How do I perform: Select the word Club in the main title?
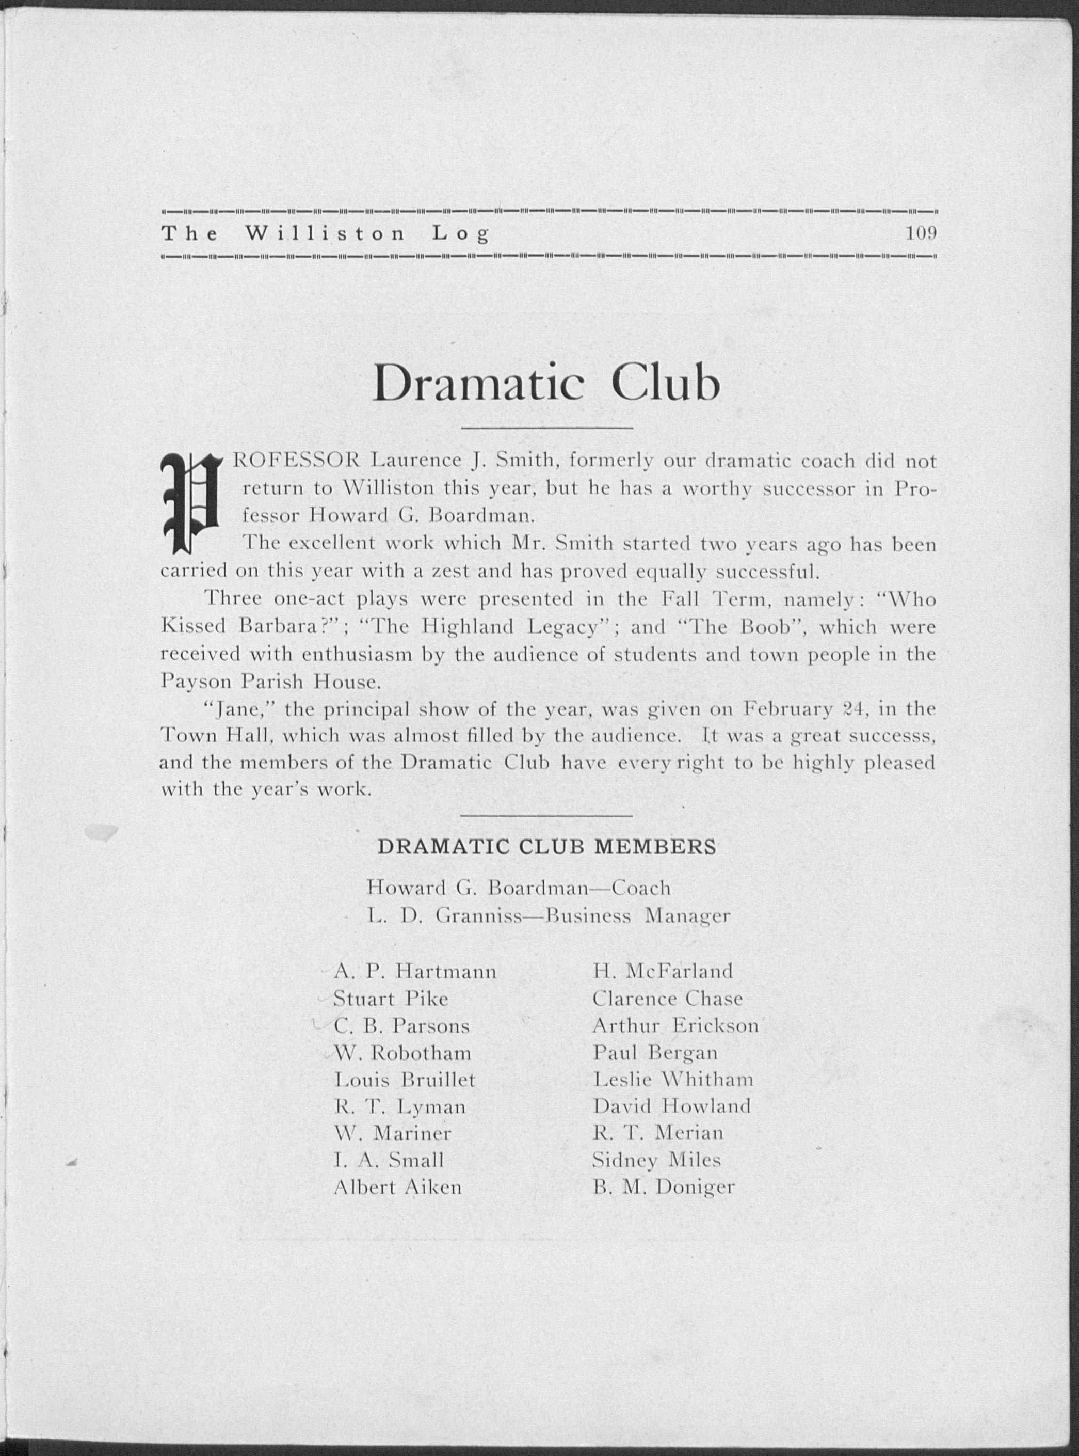(x=666, y=385)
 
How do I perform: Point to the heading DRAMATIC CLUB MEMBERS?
(x=546, y=846)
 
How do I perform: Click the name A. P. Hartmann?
(x=415, y=971)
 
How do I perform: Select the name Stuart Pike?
(x=391, y=999)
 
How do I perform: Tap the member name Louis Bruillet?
(x=404, y=1080)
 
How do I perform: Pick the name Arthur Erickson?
(x=675, y=1025)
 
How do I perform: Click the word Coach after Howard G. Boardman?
(x=641, y=888)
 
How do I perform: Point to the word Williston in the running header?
(x=325, y=233)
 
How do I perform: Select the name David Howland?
(x=671, y=1106)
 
